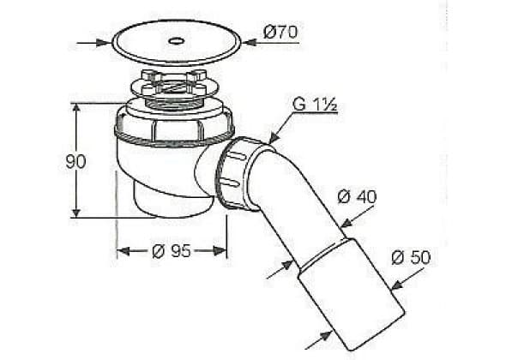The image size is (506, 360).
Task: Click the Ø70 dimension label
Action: tap(280, 33)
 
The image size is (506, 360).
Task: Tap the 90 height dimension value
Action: tap(75, 162)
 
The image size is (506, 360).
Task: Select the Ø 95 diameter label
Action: tap(172, 251)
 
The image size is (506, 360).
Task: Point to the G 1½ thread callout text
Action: tap(315, 104)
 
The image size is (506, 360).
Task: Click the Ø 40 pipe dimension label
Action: tap(357, 196)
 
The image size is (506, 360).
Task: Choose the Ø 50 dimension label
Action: tap(411, 257)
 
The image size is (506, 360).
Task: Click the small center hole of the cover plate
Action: tap(177, 41)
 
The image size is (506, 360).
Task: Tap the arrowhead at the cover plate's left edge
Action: tap(105, 43)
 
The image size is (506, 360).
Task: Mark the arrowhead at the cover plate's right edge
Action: tap(250, 42)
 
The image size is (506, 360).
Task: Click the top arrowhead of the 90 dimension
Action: tap(76, 110)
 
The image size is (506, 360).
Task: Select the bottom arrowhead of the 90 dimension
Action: tap(76, 212)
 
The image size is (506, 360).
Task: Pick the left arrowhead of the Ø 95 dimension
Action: tap(123, 251)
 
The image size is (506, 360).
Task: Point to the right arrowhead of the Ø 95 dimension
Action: tap(220, 251)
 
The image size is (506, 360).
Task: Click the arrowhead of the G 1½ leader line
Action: tap(273, 138)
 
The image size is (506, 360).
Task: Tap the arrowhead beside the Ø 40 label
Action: tap(346, 223)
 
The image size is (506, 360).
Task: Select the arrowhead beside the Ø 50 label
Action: tap(397, 285)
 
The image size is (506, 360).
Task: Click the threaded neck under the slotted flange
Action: tap(174, 104)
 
